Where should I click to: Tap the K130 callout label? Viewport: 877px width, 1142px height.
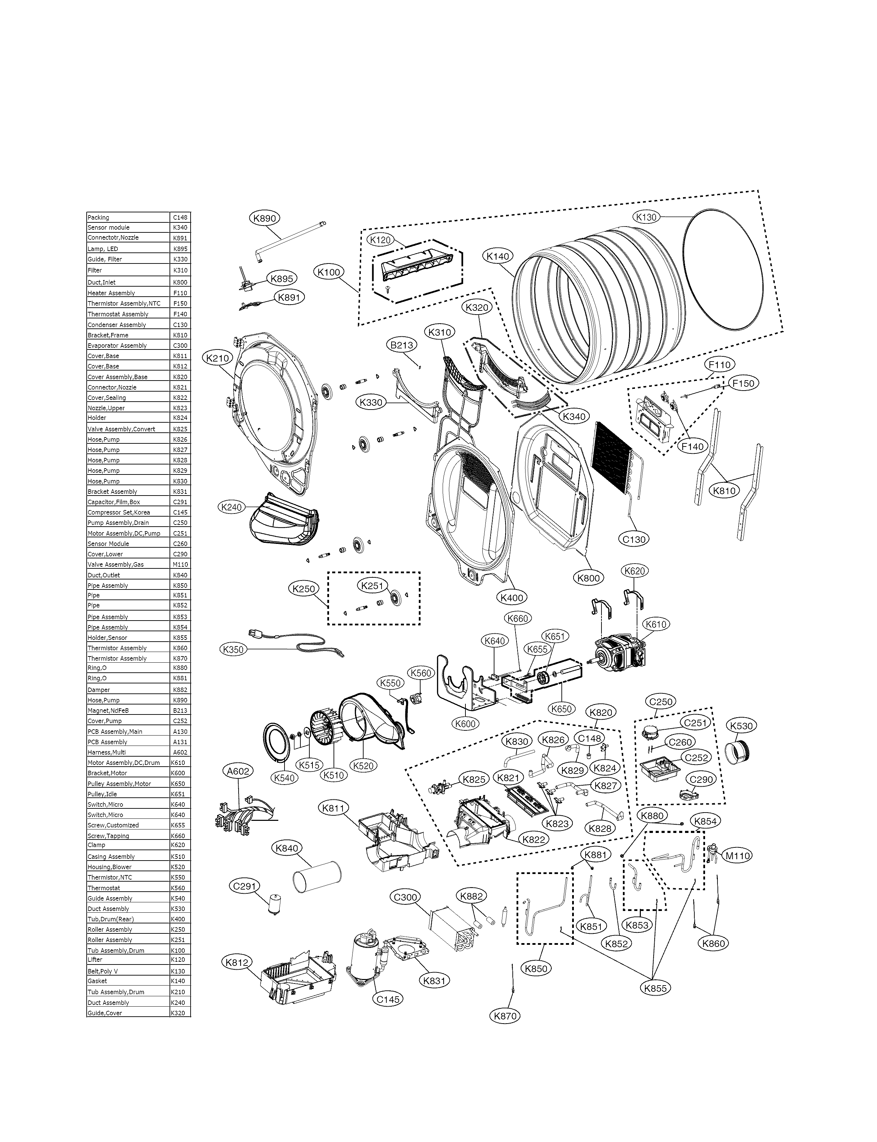pyautogui.click(x=646, y=217)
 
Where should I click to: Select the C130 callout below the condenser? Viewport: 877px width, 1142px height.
pyautogui.click(x=634, y=539)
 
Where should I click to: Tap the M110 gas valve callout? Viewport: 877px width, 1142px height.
pyautogui.click(x=738, y=855)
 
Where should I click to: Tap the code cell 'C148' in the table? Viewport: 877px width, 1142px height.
pyautogui.click(x=180, y=217)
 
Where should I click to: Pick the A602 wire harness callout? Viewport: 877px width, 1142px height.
pyautogui.click(x=238, y=771)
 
